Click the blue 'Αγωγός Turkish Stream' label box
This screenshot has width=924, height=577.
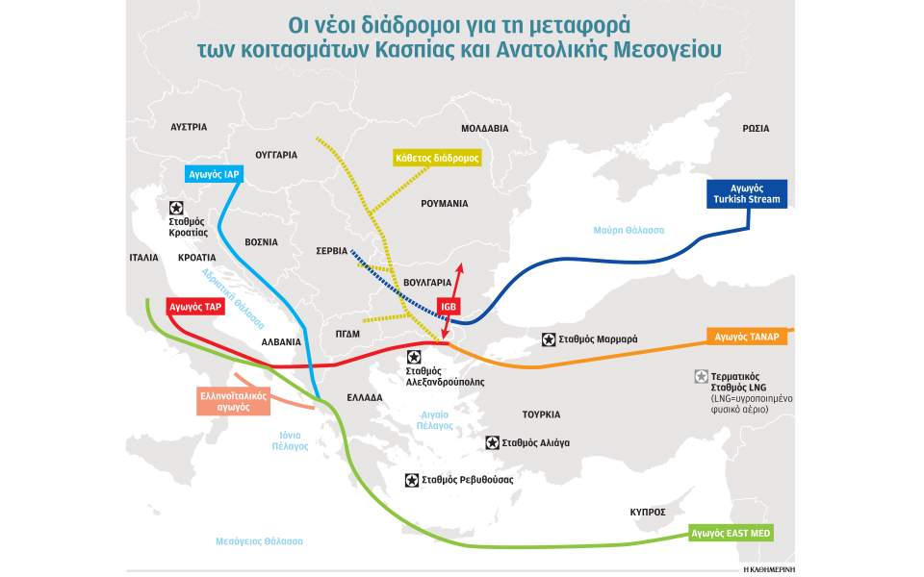[747, 192]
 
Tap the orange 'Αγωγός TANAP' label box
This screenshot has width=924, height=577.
[748, 337]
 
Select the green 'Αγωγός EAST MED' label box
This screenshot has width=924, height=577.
[731, 533]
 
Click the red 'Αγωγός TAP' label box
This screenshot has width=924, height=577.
[195, 307]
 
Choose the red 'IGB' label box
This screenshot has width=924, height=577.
[449, 307]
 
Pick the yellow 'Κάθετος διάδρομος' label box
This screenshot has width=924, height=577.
[437, 157]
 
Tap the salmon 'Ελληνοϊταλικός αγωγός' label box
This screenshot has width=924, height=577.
[226, 401]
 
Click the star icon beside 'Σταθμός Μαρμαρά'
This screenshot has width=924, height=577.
[548, 339]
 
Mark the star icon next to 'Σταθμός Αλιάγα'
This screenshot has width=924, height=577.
[493, 442]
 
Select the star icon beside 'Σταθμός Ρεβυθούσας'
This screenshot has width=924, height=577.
[412, 479]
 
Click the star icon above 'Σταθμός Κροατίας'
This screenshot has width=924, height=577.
[176, 207]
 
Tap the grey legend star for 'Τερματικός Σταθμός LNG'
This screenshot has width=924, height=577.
[701, 376]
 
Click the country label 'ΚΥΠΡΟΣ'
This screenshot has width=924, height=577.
[648, 512]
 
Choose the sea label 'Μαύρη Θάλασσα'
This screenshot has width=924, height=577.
[629, 230]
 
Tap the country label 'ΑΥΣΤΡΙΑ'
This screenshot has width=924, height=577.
[189, 126]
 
